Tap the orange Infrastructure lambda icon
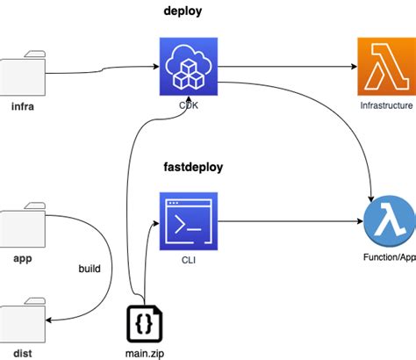386,67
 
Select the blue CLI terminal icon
189,221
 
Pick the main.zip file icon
143,322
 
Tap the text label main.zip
142,353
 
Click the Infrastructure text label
386,105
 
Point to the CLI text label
189,260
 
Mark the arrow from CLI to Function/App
290,221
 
